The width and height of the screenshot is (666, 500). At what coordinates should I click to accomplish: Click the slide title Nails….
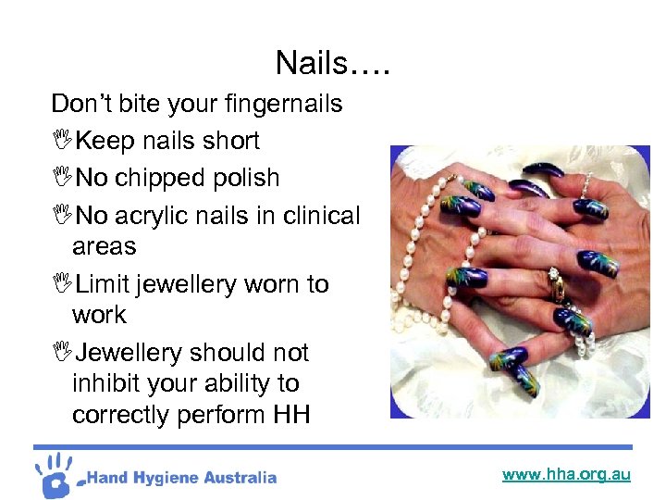tap(333, 63)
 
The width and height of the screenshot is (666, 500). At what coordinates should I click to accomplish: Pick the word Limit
tap(105, 284)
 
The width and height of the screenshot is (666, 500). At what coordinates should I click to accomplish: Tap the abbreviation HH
tap(291, 415)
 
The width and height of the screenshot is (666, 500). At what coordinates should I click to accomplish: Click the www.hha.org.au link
tap(566, 475)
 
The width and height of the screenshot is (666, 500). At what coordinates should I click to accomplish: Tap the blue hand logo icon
tap(56, 473)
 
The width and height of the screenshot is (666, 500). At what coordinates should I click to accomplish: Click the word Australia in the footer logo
tap(239, 478)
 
